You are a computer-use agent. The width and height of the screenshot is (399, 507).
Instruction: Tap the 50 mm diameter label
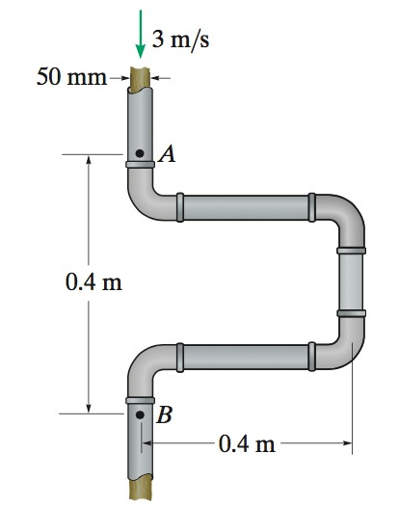70,76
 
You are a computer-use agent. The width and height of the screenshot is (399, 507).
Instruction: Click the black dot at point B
141,416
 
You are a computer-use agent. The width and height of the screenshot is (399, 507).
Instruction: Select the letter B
165,416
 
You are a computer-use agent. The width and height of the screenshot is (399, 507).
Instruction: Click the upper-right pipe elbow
341,218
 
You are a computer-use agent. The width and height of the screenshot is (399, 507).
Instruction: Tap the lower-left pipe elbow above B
147,367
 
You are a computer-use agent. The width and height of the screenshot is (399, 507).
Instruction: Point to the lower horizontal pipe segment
246,356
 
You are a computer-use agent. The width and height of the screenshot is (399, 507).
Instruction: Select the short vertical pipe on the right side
351,282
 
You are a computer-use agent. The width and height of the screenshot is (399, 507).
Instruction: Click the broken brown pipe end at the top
142,77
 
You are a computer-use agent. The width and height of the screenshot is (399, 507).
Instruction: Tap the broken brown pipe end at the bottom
142,487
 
